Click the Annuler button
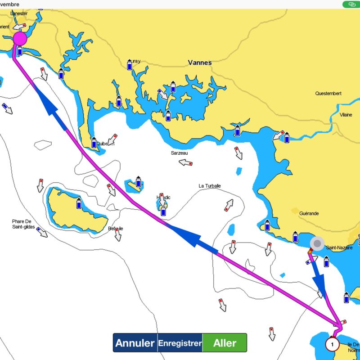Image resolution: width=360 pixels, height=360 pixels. [135, 343]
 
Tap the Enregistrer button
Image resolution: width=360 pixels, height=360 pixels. [180, 343]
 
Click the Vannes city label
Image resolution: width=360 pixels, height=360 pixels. [200, 63]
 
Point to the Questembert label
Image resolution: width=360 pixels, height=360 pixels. [328, 94]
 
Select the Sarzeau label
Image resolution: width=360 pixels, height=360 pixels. [179, 153]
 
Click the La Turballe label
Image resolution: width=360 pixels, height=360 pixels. [210, 186]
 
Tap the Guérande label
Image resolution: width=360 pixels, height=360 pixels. [308, 213]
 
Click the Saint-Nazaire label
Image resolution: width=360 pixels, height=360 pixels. [339, 247]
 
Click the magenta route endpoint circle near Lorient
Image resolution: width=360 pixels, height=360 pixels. [20, 38]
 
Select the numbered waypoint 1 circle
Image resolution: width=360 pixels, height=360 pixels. [332, 345]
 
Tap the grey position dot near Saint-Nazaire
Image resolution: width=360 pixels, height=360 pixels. [317, 244]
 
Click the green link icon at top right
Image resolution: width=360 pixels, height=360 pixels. [350, 4]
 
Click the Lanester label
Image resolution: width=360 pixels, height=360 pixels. [19, 13]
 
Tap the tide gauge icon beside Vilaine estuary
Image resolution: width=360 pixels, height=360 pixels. [287, 136]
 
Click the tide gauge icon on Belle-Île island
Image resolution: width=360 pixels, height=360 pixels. [79, 203]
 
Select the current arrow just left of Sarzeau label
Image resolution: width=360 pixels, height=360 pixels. [186, 162]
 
